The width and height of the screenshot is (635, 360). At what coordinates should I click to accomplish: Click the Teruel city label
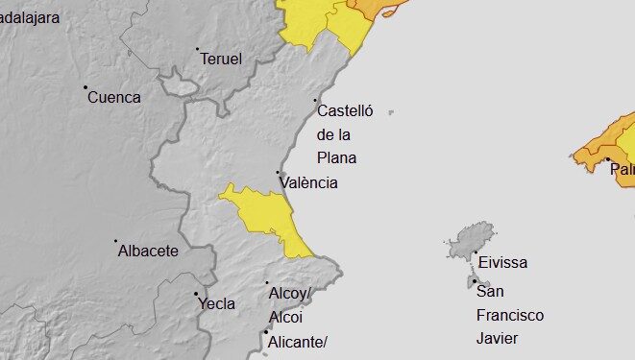coord(221,60)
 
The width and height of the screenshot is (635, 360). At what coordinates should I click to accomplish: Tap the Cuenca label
coord(113,97)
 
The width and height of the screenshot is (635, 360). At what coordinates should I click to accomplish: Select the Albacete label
coord(148,252)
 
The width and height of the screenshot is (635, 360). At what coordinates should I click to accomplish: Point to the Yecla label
coord(216,304)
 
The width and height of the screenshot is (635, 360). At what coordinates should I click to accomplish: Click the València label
coord(308,183)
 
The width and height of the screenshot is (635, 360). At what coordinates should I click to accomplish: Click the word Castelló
coord(344,111)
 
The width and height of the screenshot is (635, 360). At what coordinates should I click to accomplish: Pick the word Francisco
coord(509,315)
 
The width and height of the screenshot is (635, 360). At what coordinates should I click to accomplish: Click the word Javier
coord(497,338)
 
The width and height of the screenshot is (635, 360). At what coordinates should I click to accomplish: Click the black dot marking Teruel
coord(197,49)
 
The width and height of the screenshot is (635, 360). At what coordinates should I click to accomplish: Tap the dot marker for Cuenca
coord(85,87)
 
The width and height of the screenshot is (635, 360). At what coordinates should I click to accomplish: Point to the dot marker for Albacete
coord(116,241)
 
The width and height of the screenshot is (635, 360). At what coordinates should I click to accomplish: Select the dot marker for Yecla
coord(196,294)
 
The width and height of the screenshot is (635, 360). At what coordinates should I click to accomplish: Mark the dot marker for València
coord(278,173)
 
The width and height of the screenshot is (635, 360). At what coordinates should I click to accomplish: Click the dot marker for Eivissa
coord(476,252)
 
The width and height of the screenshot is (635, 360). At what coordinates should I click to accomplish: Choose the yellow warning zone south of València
coord(264,213)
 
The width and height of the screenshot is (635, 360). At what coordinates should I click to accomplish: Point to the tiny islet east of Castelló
coord(391,113)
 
